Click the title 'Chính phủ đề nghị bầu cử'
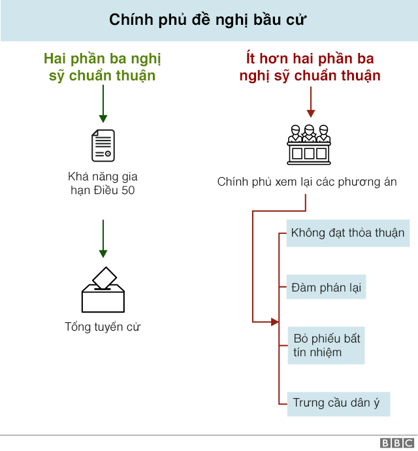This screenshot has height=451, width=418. tap(208, 20)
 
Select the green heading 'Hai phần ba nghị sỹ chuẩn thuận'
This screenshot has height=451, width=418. tap(103, 67)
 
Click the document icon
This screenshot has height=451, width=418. tap(103, 146)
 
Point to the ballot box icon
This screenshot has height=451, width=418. tap(103, 290)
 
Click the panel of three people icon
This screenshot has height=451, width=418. tap(309, 144)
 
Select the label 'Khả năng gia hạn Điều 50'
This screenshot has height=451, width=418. tap(103, 183)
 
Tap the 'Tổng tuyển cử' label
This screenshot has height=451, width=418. tap(103, 327)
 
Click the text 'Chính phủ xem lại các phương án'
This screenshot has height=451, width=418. tap(307, 182)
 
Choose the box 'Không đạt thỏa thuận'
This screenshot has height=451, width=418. tap(348, 233)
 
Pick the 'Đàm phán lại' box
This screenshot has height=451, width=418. tap(326, 287)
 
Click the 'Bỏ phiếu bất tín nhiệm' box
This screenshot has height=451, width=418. tap(327, 346)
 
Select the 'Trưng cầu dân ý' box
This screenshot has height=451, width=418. tap(339, 404)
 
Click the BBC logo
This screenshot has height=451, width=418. tap(397, 443)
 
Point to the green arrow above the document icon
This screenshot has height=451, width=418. tap(103, 104)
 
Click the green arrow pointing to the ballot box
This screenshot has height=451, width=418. tap(103, 239)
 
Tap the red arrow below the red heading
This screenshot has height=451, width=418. tap(311, 102)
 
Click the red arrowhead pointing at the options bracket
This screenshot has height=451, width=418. tap(275, 322)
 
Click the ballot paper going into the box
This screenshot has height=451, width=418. tap(104, 278)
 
